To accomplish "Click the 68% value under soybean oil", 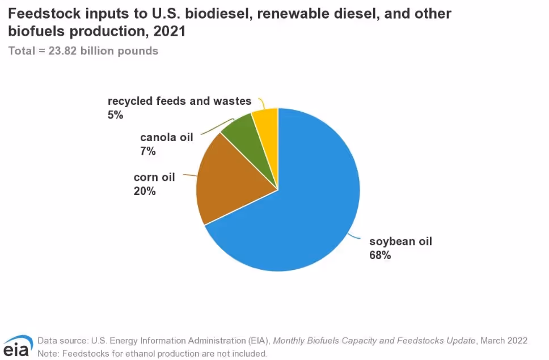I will tap(380, 255).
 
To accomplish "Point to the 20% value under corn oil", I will tap(145, 192).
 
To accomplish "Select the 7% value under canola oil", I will tap(147, 151).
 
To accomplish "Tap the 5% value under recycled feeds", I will tap(115, 115).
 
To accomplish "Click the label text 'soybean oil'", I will tap(400, 242).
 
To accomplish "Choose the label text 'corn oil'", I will tap(154, 177).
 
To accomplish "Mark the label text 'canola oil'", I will tap(167, 137).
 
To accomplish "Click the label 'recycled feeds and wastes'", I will tap(179, 101).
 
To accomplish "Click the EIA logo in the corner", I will tap(18, 346).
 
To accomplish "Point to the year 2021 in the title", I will tap(169, 32).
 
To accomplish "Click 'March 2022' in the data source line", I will tap(504, 341).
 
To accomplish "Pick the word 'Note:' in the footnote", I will tap(49, 353).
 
